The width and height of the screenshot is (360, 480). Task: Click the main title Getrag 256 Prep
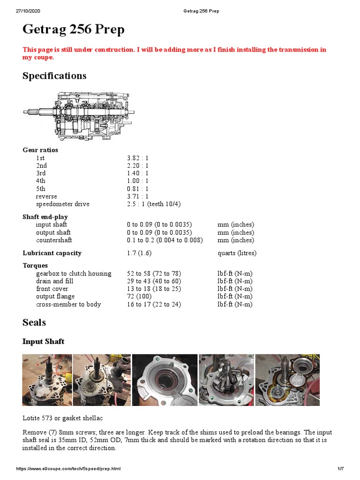74,30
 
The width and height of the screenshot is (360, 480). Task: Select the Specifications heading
54,76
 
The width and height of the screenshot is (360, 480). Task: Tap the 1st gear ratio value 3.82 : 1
137,158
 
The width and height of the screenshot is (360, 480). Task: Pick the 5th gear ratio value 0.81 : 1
137,189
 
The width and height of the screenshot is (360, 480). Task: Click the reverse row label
46,196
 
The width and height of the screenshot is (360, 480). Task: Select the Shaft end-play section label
45,217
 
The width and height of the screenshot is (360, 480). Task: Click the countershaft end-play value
165,240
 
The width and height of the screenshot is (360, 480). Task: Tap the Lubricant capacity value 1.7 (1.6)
139,253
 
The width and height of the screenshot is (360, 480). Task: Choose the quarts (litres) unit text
237,253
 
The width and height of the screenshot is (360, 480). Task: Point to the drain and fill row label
55,281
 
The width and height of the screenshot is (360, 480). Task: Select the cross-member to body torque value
154,304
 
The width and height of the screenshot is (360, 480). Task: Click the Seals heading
34,322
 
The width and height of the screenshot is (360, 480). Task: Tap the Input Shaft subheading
44,341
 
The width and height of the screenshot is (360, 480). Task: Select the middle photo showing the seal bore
164,380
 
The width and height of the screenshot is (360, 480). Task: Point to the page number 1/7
341,469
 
